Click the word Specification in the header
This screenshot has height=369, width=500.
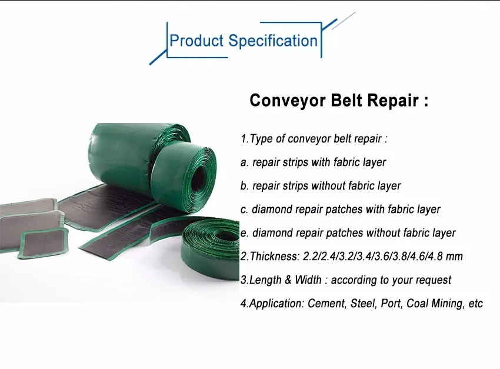273,41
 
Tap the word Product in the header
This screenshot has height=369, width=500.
196,41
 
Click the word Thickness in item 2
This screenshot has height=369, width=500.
274,256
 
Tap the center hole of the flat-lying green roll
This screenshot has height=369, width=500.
224,235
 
